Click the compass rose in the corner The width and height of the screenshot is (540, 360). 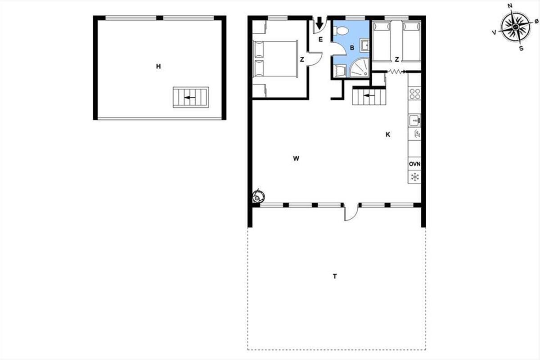[x=515, y=27]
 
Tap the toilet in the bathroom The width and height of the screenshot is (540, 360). [x=341, y=31]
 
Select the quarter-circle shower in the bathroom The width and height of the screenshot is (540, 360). [x=360, y=67]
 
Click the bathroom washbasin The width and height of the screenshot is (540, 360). [x=364, y=45]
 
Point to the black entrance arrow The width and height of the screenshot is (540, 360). [x=319, y=23]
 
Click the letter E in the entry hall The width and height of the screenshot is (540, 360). [x=320, y=39]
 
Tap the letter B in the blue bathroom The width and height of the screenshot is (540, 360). [x=352, y=48]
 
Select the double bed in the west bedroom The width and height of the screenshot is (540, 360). [x=275, y=59]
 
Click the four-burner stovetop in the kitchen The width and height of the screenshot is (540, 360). [x=414, y=94]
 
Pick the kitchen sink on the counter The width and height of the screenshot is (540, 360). [x=414, y=120]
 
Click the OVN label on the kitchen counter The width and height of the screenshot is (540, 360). [x=414, y=164]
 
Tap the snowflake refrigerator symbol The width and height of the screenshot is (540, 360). [x=414, y=177]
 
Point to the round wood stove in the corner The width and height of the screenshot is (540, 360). [x=258, y=197]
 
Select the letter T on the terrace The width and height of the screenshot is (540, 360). [x=335, y=276]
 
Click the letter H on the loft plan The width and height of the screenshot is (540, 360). [x=158, y=66]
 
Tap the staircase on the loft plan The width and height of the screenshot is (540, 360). [x=191, y=97]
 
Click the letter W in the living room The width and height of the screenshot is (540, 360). [x=296, y=158]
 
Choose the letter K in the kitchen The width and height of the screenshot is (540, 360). [x=388, y=135]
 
